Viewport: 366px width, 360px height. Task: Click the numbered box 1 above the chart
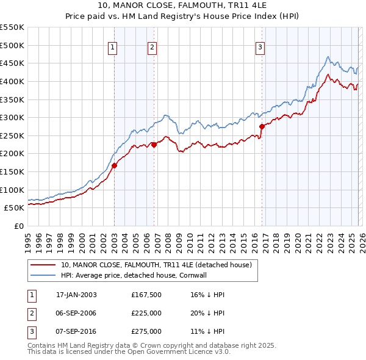click(x=114, y=48)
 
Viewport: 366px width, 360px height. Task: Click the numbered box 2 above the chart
click(x=152, y=48)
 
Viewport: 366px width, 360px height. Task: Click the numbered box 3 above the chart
click(x=260, y=48)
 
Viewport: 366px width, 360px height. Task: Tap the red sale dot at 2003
click(x=114, y=165)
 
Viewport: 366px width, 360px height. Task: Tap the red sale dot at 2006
click(x=154, y=145)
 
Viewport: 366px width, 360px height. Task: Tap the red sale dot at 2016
click(x=262, y=126)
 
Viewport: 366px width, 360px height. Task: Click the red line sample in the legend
click(x=43, y=265)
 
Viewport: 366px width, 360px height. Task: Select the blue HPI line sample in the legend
click(x=43, y=275)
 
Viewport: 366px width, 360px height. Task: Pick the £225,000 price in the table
click(x=146, y=313)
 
